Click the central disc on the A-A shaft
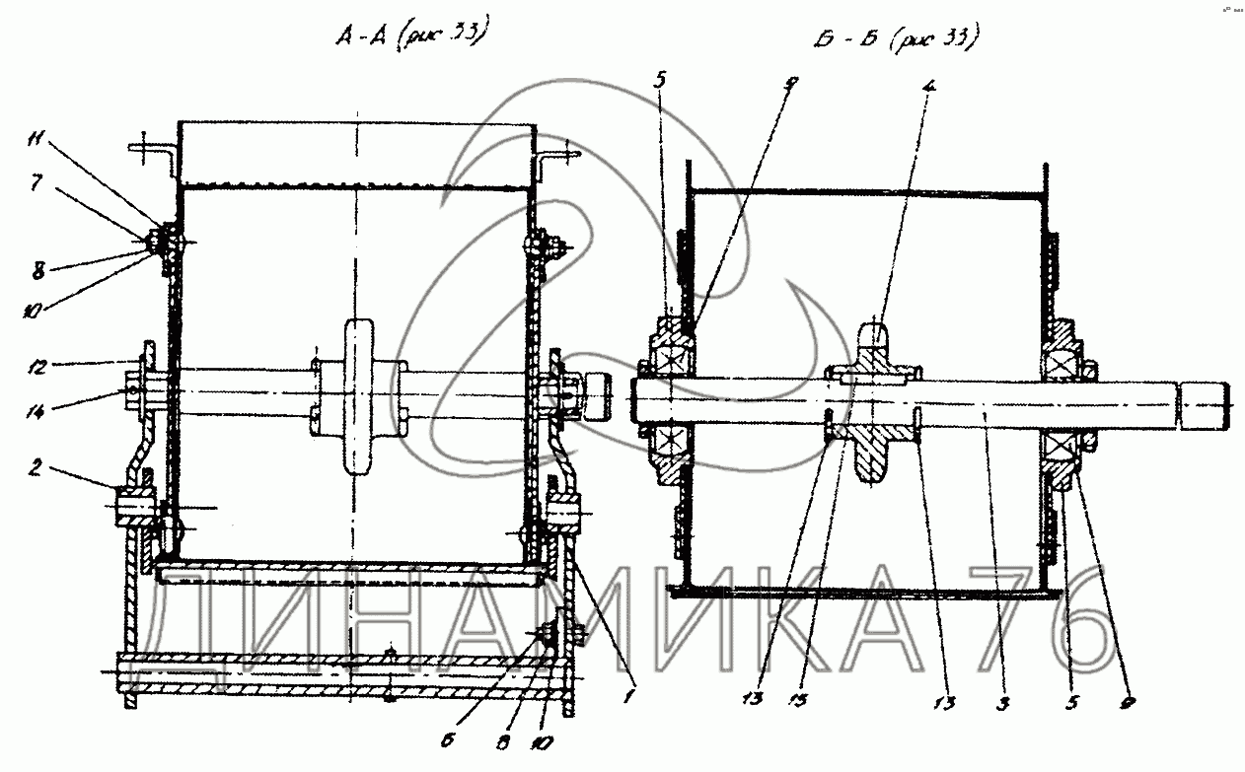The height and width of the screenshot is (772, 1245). (x=358, y=399)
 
